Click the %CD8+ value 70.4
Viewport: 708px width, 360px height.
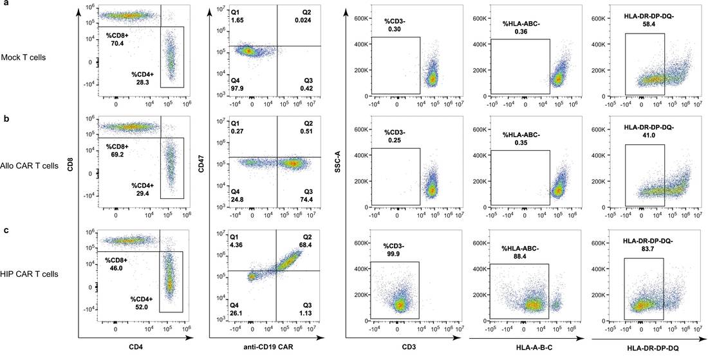pyautogui.click(x=115, y=44)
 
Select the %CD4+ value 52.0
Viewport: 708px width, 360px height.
pyautogui.click(x=140, y=308)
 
